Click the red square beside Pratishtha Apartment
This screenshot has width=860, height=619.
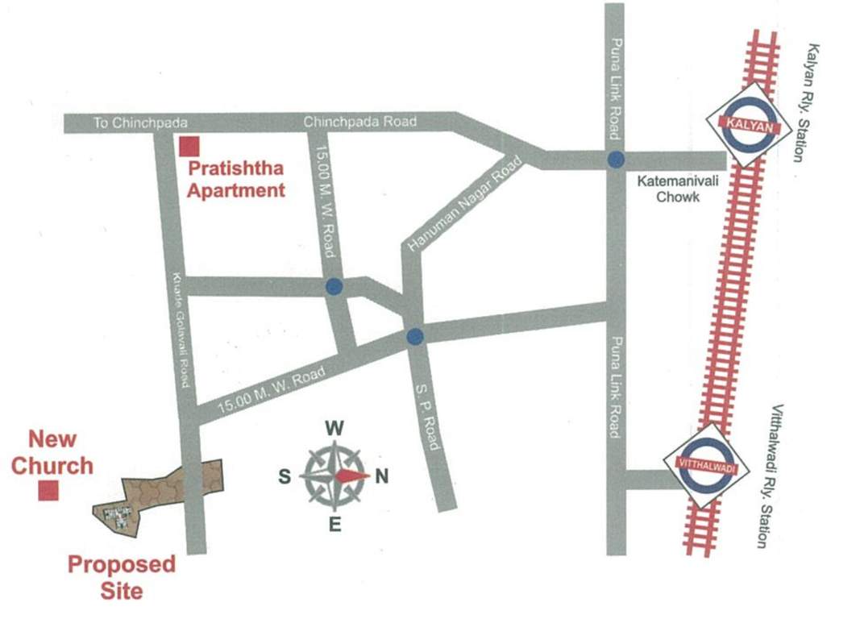coord(189,147)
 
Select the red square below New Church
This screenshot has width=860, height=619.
coord(48,490)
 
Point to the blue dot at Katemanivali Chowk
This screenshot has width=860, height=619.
coord(616,160)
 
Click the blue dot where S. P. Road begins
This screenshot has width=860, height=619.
coord(414,336)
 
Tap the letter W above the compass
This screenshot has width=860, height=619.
coord(335,427)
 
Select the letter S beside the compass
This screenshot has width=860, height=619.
coord(285,476)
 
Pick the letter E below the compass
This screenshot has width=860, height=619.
coord(335,526)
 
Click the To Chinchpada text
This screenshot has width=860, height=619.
coord(140,123)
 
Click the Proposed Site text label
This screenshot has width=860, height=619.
coord(121,576)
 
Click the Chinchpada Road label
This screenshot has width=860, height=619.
coord(360,122)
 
